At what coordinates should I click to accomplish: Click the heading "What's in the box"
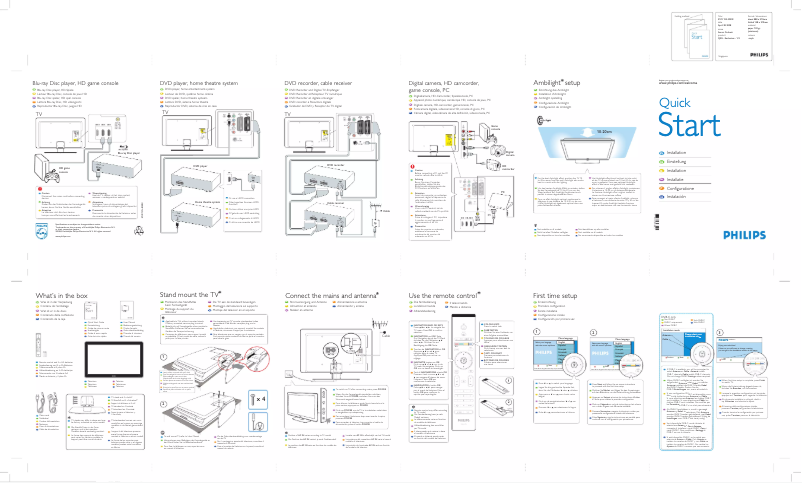62,296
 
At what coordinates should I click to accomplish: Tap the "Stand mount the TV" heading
190,296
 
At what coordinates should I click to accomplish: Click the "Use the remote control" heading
446,296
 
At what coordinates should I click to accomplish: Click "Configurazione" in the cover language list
680,187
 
